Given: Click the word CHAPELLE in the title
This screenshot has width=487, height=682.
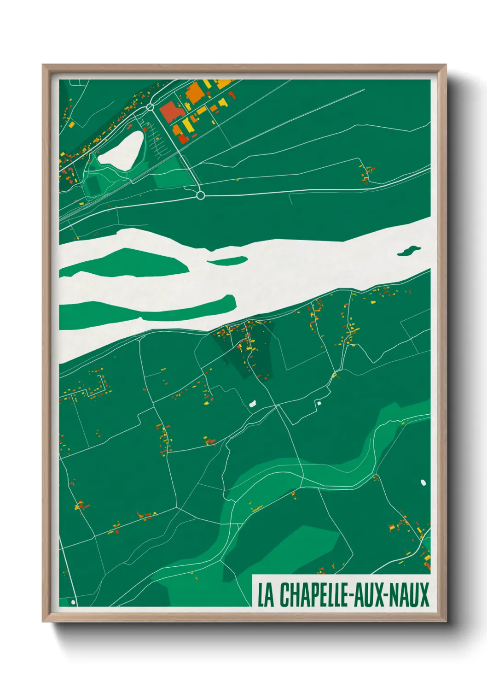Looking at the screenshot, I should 313,595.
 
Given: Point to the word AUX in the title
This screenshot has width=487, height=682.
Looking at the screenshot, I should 369,595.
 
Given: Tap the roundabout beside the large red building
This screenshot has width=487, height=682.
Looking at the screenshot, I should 150,108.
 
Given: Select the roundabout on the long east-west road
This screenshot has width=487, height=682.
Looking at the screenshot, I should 200,195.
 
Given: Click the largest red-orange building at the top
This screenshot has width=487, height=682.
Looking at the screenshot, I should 170,112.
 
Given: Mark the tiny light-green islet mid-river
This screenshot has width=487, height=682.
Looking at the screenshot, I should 228,261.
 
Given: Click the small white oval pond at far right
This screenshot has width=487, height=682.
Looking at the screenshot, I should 423,482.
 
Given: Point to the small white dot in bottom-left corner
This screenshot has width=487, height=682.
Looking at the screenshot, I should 73,602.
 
